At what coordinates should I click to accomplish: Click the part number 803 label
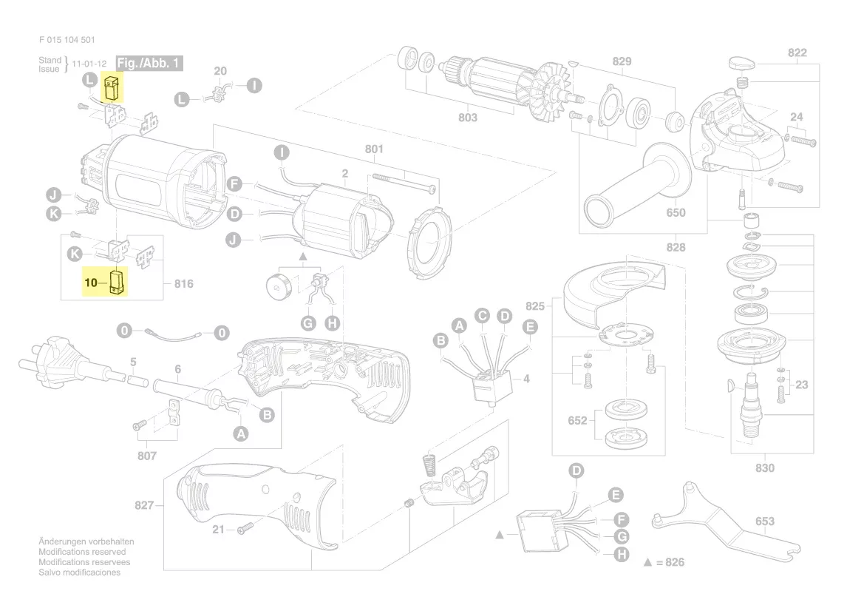[467, 117]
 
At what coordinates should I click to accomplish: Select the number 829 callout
[622, 61]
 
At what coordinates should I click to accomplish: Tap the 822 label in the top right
[797, 53]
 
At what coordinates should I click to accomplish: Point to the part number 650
[676, 213]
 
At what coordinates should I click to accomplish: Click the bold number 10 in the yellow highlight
[91, 283]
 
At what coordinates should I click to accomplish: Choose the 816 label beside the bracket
[183, 283]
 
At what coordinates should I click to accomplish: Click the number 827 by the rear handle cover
[144, 505]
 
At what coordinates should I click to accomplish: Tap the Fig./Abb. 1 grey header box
[149, 64]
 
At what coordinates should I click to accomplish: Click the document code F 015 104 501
[66, 41]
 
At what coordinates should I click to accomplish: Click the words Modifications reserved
[82, 552]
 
